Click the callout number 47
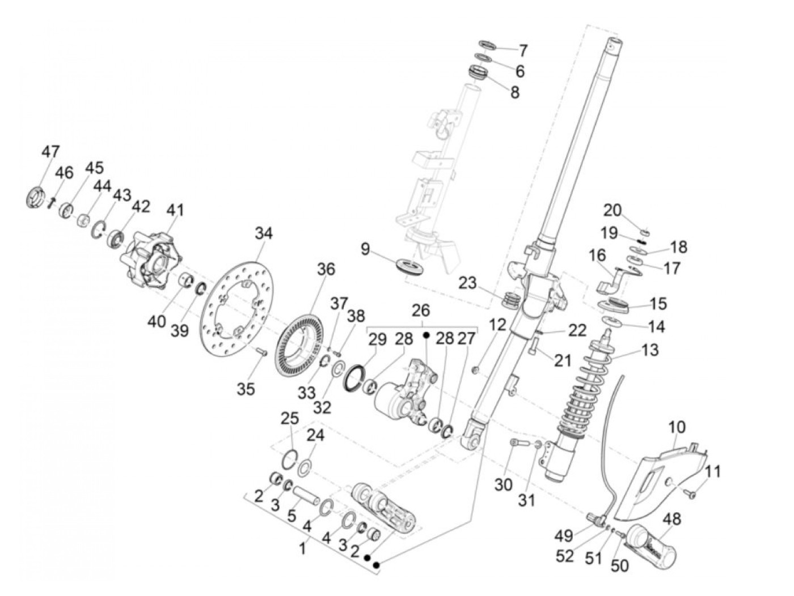point(50,152)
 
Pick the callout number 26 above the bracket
point(421,310)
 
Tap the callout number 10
point(677,427)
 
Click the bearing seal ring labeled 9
point(409,266)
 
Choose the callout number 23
point(468,283)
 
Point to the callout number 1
point(302,550)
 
